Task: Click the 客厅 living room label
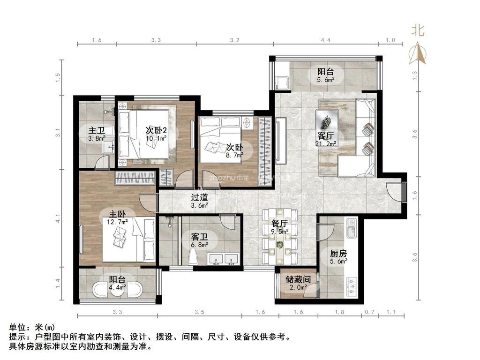pos(325,135)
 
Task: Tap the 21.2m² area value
pos(326,143)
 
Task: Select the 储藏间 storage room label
pos(298,279)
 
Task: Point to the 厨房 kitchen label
pos(338,254)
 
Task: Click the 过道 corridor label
pos(199,198)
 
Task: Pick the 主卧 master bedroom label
pos(117,214)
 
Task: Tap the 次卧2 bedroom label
pos(156,130)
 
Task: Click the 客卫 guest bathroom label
pos(199,237)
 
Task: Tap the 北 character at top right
pos(418,30)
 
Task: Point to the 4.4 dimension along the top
pos(325,40)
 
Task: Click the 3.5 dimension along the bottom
pos(199,312)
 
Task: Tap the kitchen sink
pos(352,228)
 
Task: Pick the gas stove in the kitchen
pos(352,287)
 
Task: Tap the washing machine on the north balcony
pos(282,82)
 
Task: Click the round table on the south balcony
pos(117,290)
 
